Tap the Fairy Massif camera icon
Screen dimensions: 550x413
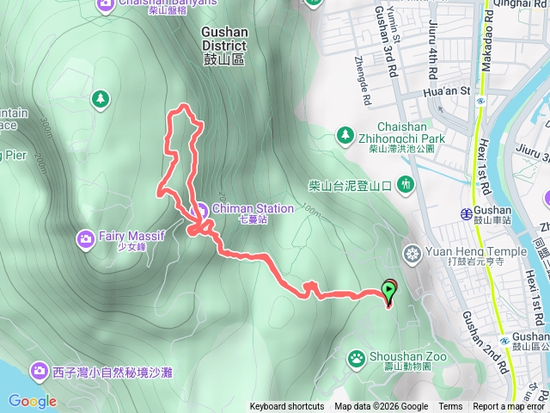[x=86, y=237]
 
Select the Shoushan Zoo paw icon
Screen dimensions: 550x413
[x=357, y=356]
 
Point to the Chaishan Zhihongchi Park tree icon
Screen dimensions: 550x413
[x=345, y=135]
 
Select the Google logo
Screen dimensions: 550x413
[x=32, y=401]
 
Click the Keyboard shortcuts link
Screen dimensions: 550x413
[x=286, y=407]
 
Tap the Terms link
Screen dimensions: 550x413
[x=450, y=407]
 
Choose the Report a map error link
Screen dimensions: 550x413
[x=510, y=407]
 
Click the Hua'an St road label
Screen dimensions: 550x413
[x=448, y=89]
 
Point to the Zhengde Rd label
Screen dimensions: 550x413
[x=362, y=70]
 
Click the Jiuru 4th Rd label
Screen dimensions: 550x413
[x=431, y=30]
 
